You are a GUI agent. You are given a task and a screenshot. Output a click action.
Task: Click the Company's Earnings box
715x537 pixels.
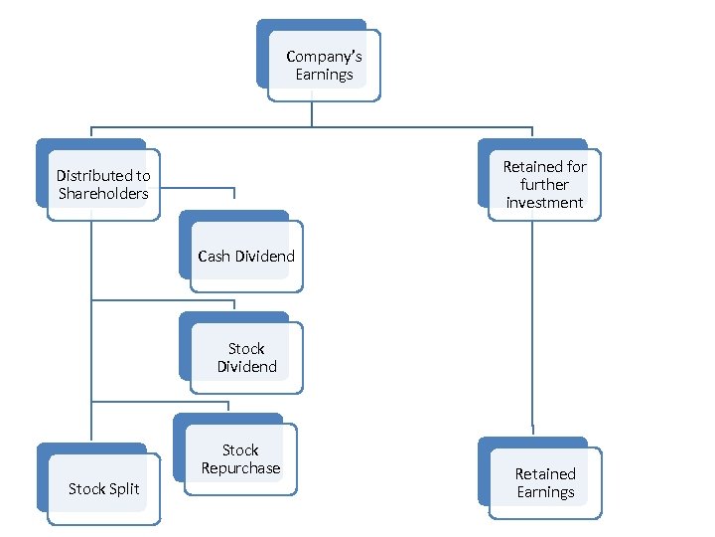(x=323, y=65)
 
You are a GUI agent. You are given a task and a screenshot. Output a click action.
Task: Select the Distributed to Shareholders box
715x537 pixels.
(x=103, y=184)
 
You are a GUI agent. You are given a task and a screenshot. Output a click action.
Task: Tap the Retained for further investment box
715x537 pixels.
(x=544, y=184)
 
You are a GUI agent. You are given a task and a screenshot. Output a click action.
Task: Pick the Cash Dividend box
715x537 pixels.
(x=245, y=256)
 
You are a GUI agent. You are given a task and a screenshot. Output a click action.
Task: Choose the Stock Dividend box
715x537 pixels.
(x=246, y=357)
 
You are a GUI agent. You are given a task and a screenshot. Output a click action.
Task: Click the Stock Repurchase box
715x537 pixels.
(x=240, y=458)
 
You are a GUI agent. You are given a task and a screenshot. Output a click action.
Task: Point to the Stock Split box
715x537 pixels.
(x=103, y=488)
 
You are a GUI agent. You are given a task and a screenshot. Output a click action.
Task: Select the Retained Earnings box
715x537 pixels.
(x=544, y=482)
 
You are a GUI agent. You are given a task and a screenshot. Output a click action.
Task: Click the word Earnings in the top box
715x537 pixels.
(x=324, y=75)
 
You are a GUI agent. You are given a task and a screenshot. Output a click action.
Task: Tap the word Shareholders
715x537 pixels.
(x=103, y=194)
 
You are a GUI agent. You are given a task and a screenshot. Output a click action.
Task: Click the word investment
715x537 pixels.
(x=544, y=203)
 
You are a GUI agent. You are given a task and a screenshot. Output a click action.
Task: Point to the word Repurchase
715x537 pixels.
(x=240, y=468)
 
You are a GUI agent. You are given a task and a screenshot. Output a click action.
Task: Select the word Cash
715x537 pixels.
(x=214, y=257)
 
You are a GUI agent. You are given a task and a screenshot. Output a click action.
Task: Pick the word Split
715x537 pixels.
(x=123, y=488)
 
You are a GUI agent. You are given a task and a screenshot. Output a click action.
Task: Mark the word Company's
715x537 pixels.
(x=324, y=57)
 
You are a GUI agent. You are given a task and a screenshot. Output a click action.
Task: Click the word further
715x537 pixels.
(x=544, y=185)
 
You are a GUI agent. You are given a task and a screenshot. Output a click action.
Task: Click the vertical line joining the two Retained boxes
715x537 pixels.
(x=532, y=328)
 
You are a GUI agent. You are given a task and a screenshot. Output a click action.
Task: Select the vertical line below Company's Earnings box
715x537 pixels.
(x=312, y=113)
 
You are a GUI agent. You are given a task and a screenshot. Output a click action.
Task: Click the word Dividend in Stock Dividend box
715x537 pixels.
(x=247, y=367)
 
